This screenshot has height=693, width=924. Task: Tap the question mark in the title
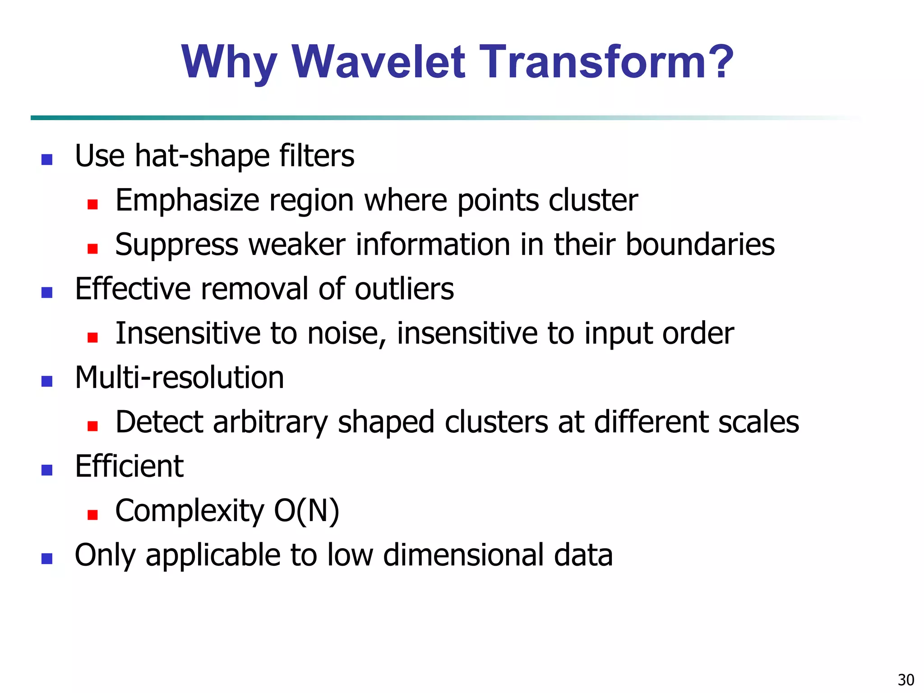tap(717, 62)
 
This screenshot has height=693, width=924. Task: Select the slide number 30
tap(906, 679)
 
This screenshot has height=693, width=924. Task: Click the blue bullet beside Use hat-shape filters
tap(47, 160)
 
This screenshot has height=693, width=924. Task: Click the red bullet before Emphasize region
tap(92, 205)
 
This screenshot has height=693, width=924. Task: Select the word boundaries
tap(700, 245)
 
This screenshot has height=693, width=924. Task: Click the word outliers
tap(404, 289)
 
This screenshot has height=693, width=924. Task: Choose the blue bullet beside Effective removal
tap(47, 293)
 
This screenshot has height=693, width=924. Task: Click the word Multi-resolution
tap(179, 377)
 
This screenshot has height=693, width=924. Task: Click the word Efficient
tap(129, 466)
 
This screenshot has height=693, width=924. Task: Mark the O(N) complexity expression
tap(306, 511)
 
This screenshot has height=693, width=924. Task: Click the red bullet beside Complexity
tap(92, 515)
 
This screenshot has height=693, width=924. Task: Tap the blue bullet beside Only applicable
tap(47, 559)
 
